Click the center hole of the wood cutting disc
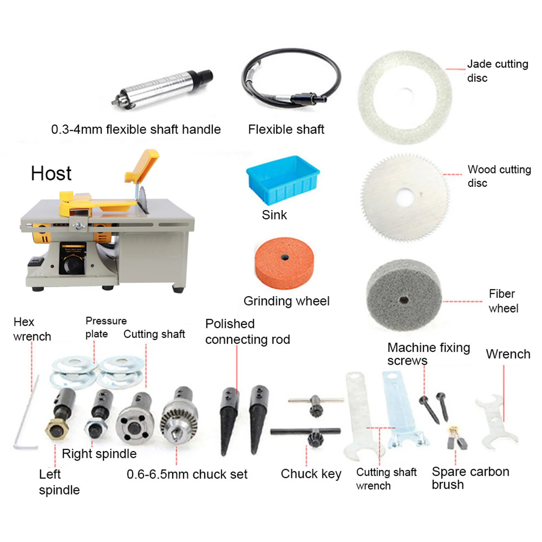click(x=405, y=197)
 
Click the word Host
click(x=51, y=173)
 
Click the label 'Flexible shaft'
click(x=286, y=129)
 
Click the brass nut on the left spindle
click(x=57, y=429)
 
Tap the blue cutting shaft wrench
click(x=402, y=410)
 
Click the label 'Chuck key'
click(x=311, y=474)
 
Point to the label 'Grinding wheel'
click(x=286, y=301)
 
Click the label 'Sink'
click(x=274, y=215)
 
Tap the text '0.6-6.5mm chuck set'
click(x=187, y=474)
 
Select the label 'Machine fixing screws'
click(x=428, y=354)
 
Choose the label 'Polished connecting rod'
click(x=247, y=331)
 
